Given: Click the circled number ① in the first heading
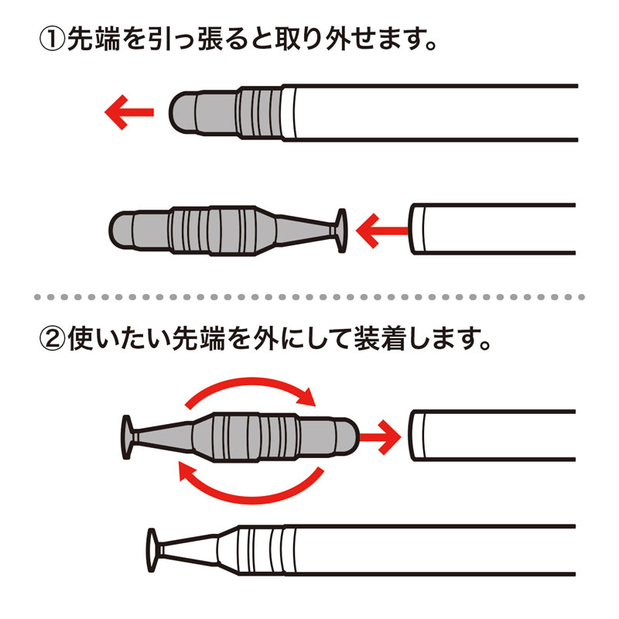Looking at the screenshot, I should click(x=53, y=39).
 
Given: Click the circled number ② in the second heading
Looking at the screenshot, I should click(x=53, y=338).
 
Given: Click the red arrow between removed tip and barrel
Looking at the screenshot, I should click(x=381, y=229).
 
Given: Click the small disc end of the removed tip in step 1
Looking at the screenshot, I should click(x=340, y=229).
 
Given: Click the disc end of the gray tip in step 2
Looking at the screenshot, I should click(x=128, y=437).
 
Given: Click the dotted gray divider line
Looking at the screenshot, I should click(x=309, y=296).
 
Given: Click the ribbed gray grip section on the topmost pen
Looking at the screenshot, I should click(x=258, y=114).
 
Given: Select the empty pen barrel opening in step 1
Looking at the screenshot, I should click(x=418, y=229).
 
